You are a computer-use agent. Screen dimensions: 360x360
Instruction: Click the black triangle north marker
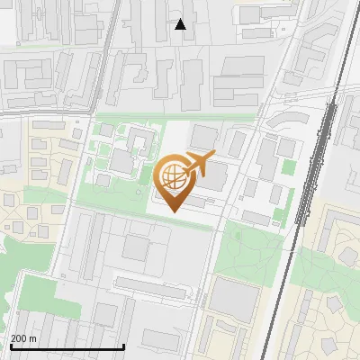point(181,24)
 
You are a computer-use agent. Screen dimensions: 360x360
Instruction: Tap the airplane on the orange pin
point(197,165)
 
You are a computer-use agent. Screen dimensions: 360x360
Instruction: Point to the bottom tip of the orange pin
point(172,212)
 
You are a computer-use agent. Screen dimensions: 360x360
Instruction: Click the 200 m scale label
point(23,338)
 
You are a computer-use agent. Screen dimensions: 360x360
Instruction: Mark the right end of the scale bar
point(123,347)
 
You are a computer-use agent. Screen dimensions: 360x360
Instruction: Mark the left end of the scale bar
point(10,347)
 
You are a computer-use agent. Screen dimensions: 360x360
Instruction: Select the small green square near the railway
point(288,166)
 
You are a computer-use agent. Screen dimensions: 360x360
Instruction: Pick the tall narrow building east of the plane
point(236,142)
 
